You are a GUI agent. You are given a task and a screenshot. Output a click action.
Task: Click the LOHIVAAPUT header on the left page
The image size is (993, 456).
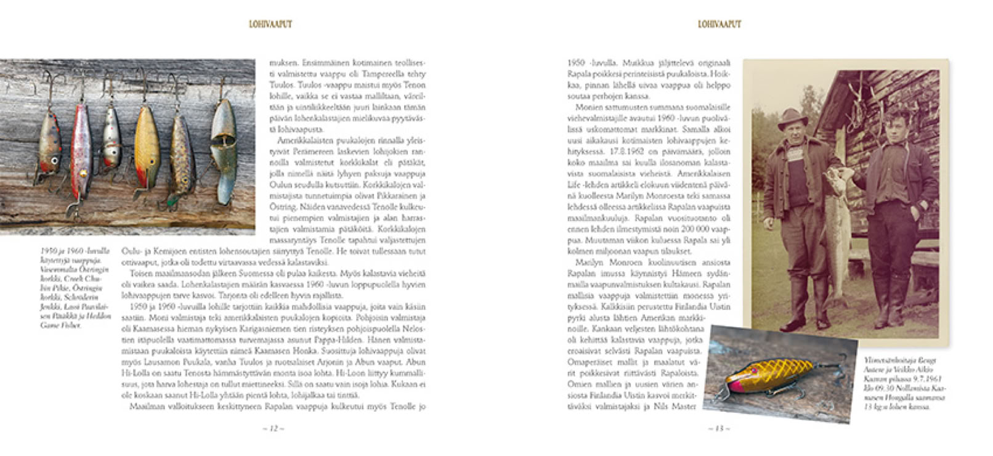coord(270,25)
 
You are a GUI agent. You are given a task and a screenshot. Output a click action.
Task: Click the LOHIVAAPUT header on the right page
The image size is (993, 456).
coord(719,25)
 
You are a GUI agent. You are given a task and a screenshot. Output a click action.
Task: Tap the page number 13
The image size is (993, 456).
coord(719,428)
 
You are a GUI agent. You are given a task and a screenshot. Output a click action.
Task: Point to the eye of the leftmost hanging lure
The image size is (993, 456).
coord(55,161)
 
